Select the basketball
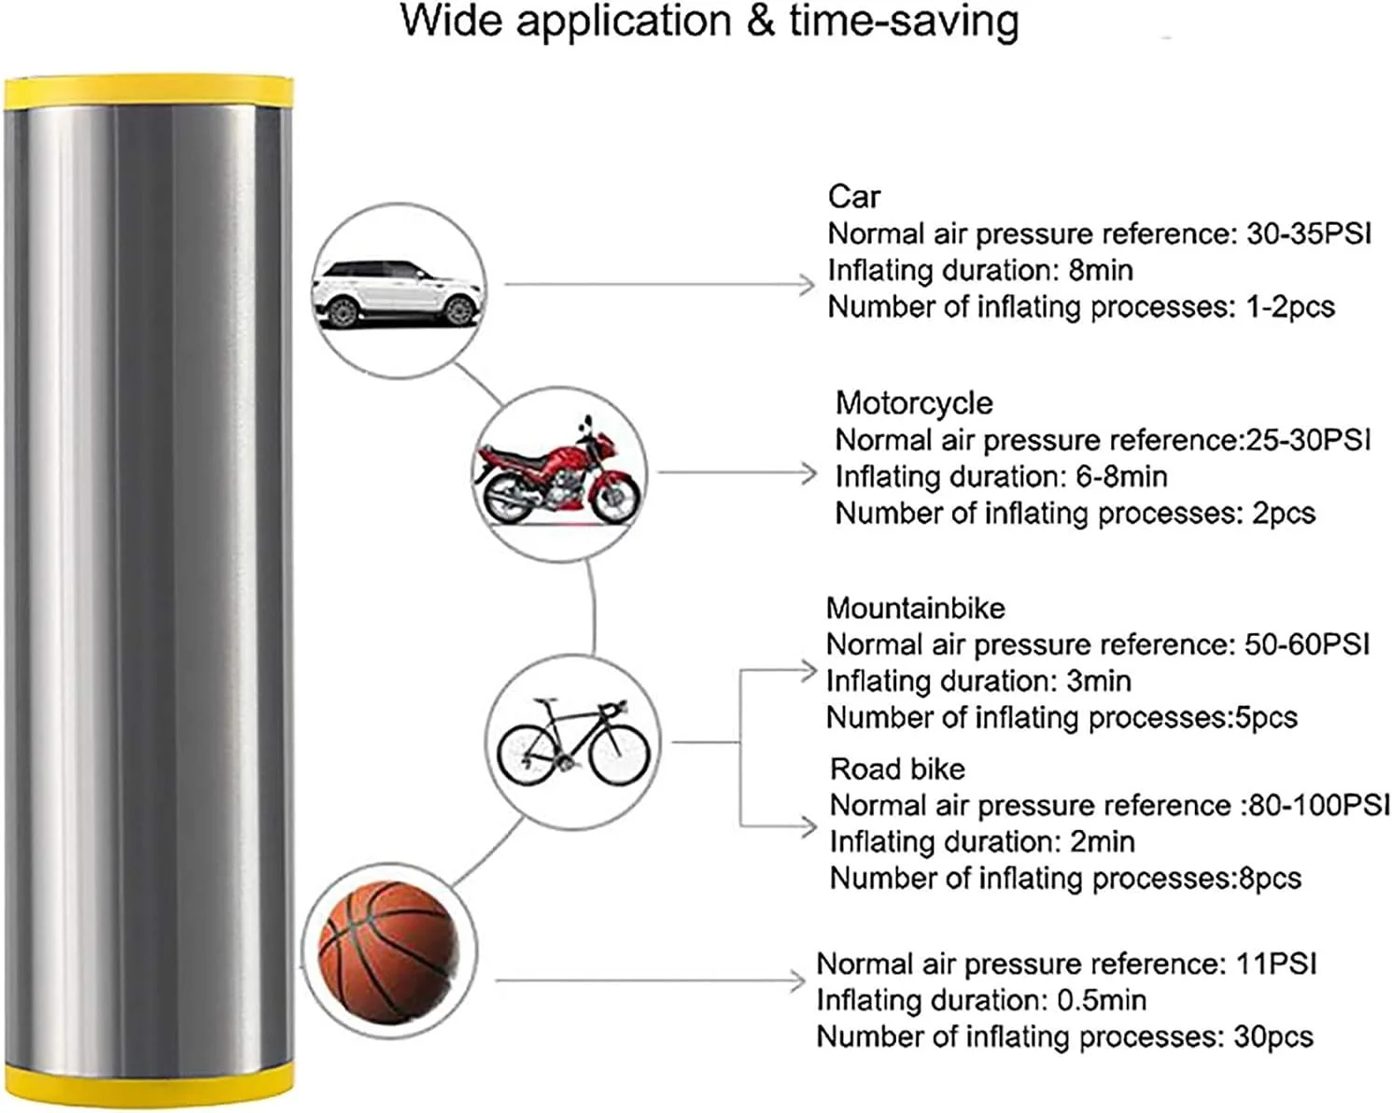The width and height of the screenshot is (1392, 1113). [388, 952]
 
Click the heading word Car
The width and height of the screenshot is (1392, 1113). [853, 197]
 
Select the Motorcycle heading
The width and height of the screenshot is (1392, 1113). [913, 403]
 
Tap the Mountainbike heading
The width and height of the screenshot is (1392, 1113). [915, 609]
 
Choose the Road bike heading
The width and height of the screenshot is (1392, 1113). [896, 769]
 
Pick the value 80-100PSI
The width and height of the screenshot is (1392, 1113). [1318, 805]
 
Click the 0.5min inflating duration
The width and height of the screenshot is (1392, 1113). [1101, 1001]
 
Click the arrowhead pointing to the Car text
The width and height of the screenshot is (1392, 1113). [807, 285]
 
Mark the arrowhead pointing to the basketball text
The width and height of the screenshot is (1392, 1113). [796, 980]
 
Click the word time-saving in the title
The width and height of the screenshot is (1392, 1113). [904, 22]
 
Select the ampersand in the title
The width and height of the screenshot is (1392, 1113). [761, 22]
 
